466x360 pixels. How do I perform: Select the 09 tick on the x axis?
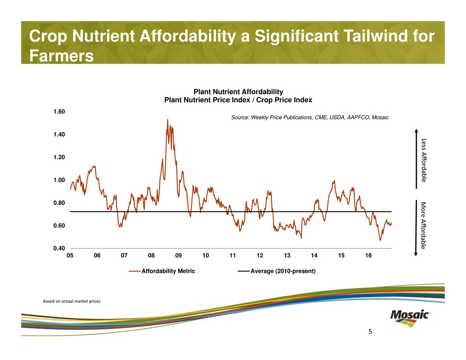click(178, 255)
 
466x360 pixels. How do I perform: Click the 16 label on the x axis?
click(369, 255)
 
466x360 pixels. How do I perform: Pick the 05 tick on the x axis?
click(70, 255)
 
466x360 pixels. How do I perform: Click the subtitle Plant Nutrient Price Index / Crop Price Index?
click(238, 100)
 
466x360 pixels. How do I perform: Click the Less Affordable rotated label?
click(423, 160)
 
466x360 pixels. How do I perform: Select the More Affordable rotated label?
click(423, 225)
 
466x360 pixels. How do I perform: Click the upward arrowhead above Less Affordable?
click(416, 132)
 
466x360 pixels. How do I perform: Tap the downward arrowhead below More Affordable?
click(416, 255)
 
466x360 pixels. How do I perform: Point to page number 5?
click(370, 332)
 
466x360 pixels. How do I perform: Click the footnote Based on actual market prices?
click(71, 301)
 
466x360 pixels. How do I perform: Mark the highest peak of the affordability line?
click(168, 119)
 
